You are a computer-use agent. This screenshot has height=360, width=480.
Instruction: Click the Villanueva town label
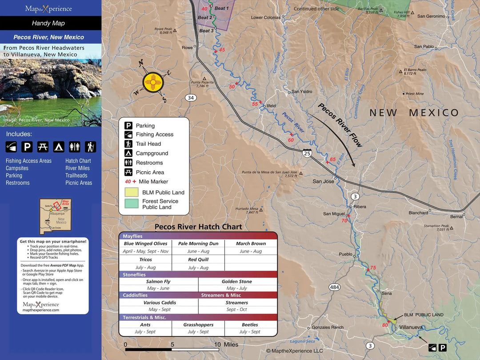pos(411,327)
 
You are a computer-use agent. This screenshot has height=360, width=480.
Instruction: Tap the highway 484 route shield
pos(334,287)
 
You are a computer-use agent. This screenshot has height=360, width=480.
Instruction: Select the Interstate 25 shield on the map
pos(307,153)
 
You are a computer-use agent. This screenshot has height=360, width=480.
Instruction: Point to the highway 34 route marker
pos(191,98)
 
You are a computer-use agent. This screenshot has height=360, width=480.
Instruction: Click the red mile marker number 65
pos(332,160)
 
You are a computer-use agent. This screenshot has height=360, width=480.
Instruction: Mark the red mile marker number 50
pos(232,87)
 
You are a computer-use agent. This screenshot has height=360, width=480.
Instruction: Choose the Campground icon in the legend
pos(128,153)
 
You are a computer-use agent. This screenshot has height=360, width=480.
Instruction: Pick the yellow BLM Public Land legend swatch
pos(131,192)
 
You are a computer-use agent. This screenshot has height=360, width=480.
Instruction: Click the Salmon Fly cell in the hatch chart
pos(158,281)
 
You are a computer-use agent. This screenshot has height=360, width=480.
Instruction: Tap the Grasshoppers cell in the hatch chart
pos(198,325)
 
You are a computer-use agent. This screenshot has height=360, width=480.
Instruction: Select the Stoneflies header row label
pos(134,275)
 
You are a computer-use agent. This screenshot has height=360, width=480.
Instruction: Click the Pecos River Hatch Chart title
pos(198,227)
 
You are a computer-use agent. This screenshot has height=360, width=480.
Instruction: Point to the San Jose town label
pos(323,181)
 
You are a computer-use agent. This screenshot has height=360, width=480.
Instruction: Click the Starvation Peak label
pos(436,226)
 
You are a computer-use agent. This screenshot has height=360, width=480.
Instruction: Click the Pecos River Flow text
pos(340,125)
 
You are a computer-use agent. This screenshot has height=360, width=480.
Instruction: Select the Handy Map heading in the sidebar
pos(48,23)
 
